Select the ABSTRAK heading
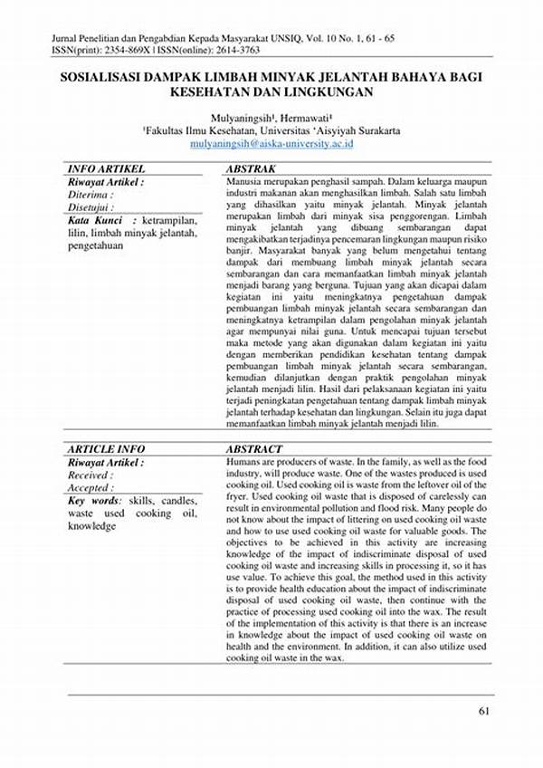pyautogui.click(x=250, y=169)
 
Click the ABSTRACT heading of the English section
pyautogui.click(x=253, y=449)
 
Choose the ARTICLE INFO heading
pyautogui.click(x=106, y=449)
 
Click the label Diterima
pyautogui.click(x=90, y=194)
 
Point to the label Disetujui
pyautogui.click(x=90, y=206)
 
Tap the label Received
pyautogui.click(x=90, y=475)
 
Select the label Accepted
pyautogui.click(x=90, y=487)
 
